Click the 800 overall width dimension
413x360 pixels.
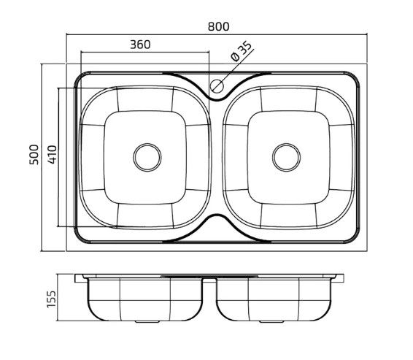(219, 26)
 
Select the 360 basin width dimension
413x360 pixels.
(140, 45)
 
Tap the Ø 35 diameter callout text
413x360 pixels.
(241, 51)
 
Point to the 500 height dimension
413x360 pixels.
(34, 155)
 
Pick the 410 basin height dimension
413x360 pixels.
(53, 154)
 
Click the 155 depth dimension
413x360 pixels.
(51, 299)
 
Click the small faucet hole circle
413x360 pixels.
(217, 86)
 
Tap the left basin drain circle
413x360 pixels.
(147, 157)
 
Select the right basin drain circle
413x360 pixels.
(286, 157)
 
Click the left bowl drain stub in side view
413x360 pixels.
(147, 322)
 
